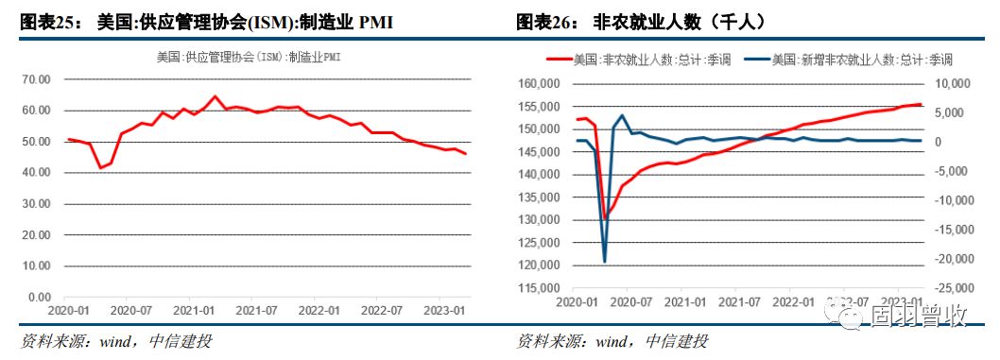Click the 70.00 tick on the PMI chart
[x=34, y=79]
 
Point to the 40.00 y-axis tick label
[x=34, y=173]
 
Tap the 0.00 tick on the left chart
[x=37, y=298]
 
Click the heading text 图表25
[x=46, y=21]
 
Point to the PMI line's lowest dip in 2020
[x=101, y=168]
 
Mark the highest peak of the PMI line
[x=215, y=96]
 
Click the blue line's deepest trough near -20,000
[x=605, y=261]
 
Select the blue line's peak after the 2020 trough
[x=622, y=115]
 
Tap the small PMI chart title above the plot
[x=249, y=58]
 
